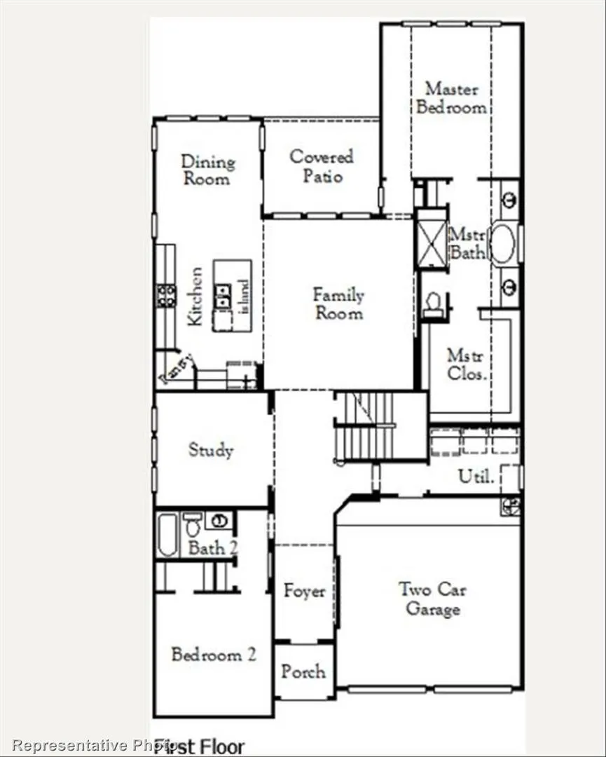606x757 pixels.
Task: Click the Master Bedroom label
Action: [451, 98]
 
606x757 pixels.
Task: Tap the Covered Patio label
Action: [322, 166]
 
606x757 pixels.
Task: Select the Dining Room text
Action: [207, 170]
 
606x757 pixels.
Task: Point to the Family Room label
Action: [338, 304]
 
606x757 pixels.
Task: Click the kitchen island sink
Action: [223, 296]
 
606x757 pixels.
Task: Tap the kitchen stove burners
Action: [166, 295]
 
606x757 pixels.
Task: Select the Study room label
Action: [210, 450]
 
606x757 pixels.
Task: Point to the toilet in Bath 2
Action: [193, 525]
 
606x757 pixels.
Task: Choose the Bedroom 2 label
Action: [213, 655]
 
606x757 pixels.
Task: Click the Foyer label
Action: [304, 591]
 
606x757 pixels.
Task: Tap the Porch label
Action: [303, 671]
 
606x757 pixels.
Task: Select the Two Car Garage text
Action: [432, 599]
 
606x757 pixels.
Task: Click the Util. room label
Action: [476, 477]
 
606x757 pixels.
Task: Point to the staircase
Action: [364, 426]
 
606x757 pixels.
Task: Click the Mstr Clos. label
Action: [466, 364]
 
